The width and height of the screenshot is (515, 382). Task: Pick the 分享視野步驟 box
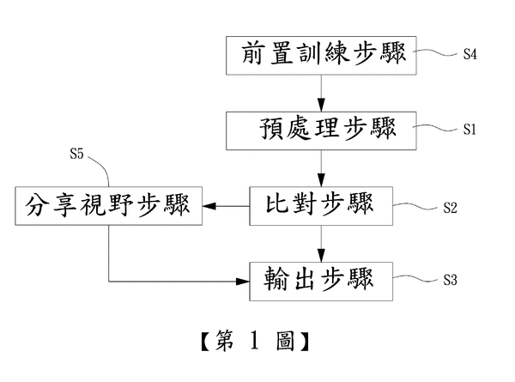tap(107, 205)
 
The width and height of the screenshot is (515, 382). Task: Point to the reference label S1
tap(470, 130)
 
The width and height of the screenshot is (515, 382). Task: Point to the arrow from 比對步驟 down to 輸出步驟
tap(321, 243)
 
